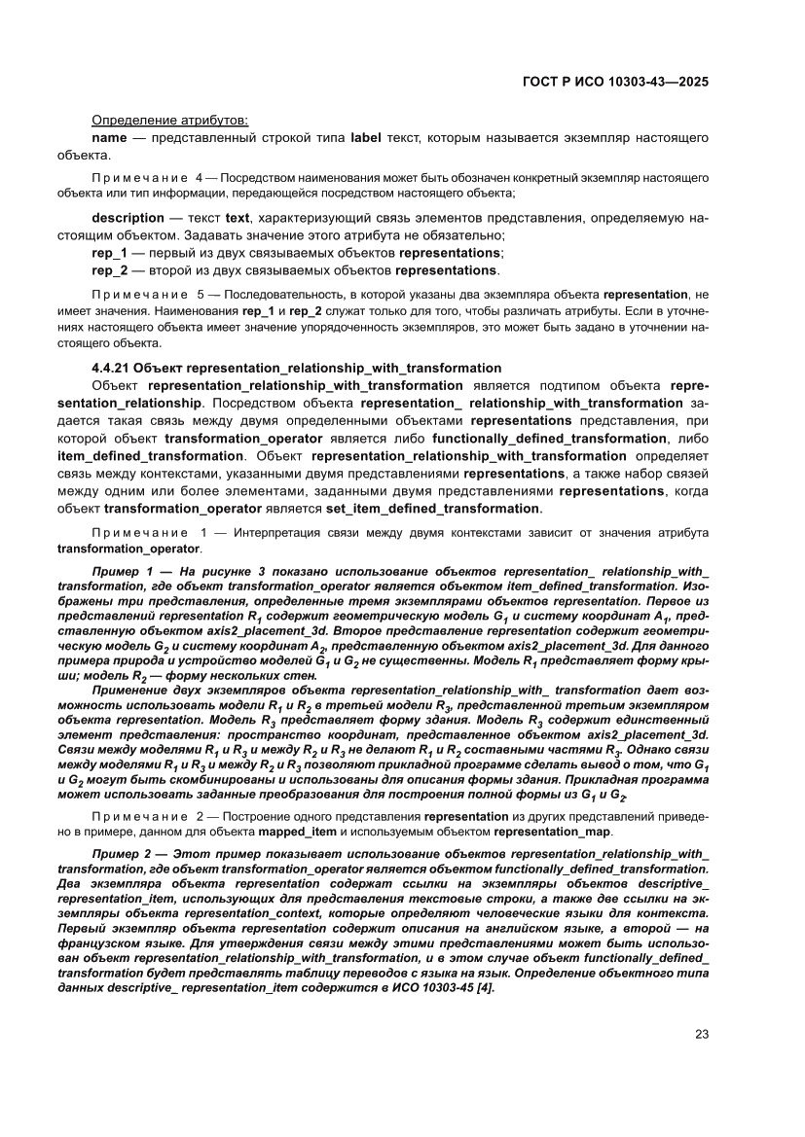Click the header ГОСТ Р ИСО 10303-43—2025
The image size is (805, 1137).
[614, 82]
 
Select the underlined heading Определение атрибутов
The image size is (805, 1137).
[169, 121]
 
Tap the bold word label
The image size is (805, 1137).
[366, 138]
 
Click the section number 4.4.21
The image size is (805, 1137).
[110, 368]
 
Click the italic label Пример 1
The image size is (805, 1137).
[123, 568]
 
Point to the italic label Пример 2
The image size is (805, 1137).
[123, 853]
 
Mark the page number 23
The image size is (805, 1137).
[701, 1035]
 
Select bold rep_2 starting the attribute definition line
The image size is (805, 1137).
[109, 270]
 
